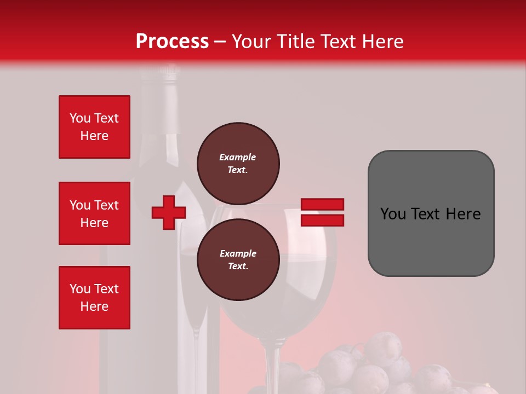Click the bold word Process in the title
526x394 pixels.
pyautogui.click(x=172, y=41)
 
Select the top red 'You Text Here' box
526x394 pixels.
pyautogui.click(x=94, y=127)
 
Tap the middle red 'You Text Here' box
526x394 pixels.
pyautogui.click(x=94, y=213)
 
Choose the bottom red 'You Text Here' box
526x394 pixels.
pyautogui.click(x=94, y=298)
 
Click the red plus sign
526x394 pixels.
pyautogui.click(x=169, y=212)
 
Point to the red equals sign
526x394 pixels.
pyautogui.click(x=322, y=212)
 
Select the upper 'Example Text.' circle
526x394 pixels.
pyautogui.click(x=238, y=164)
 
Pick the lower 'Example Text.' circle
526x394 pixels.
pyautogui.click(x=238, y=260)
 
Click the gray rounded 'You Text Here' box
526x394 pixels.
pyautogui.click(x=431, y=213)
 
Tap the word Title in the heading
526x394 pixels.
pyautogui.click(x=295, y=41)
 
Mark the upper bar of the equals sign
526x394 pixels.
pyautogui.click(x=322, y=205)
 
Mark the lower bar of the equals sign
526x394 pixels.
pyautogui.click(x=322, y=220)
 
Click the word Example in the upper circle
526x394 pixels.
pyautogui.click(x=238, y=157)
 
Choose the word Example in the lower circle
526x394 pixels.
pyautogui.click(x=238, y=253)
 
